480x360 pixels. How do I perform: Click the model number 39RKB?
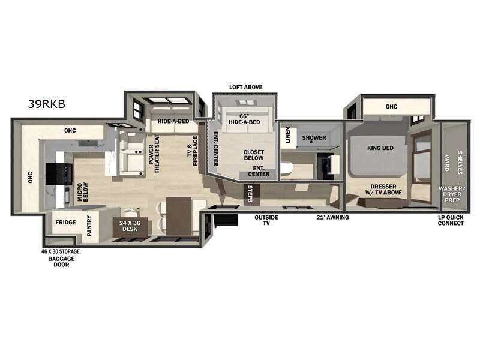46,103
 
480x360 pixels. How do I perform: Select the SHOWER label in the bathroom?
314,137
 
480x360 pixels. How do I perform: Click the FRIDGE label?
65,223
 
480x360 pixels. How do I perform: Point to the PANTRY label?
89,226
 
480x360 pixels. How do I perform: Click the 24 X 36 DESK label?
130,226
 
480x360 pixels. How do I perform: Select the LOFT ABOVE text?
246,87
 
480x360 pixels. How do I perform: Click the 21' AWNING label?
332,217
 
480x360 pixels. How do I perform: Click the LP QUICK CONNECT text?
450,220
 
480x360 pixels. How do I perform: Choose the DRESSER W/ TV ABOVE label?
383,191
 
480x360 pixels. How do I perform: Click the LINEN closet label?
287,135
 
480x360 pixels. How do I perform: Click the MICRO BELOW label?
82,193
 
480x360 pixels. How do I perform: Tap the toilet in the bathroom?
286,170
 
